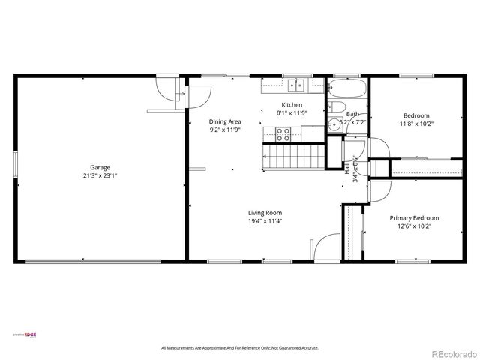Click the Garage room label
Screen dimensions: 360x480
[100, 167]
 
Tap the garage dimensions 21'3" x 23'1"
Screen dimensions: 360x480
[100, 175]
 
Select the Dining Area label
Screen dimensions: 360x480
[224, 121]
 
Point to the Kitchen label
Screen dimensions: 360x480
[292, 104]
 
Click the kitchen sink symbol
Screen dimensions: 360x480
[297, 85]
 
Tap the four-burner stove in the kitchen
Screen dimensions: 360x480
[283, 134]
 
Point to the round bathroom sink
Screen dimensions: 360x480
[333, 125]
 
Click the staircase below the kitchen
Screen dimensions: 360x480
[294, 157]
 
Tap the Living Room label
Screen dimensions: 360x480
[265, 213]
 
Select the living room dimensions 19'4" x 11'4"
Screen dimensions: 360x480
[265, 221]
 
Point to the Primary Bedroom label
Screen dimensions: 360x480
[414, 217]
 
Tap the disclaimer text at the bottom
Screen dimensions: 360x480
[240, 348]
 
